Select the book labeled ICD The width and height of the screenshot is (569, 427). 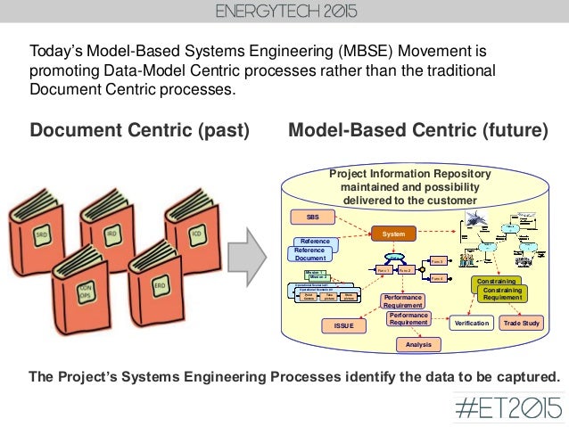pyautogui.click(x=194, y=234)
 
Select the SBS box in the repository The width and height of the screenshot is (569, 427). pyautogui.click(x=314, y=217)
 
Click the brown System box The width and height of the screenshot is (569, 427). pyautogui.click(x=394, y=234)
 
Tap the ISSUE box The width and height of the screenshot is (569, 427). pyautogui.click(x=344, y=326)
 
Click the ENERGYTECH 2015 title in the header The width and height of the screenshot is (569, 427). pyautogui.click(x=284, y=15)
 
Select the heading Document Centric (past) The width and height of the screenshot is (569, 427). pyautogui.click(x=139, y=131)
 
